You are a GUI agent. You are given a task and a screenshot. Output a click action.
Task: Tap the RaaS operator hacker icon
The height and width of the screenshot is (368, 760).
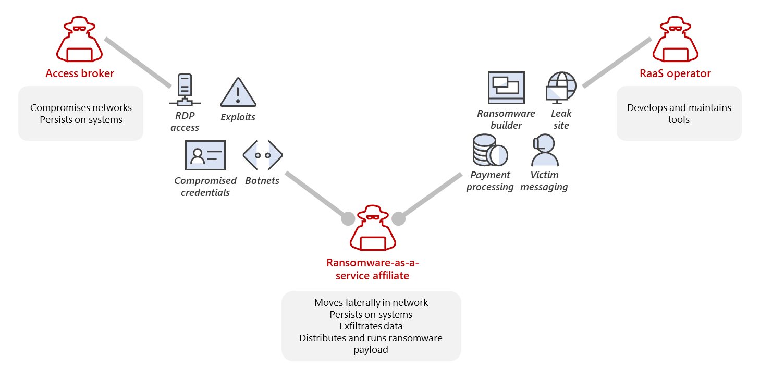tap(675, 40)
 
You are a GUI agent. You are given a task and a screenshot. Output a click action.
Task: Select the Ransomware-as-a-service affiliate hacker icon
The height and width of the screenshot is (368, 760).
tap(373, 229)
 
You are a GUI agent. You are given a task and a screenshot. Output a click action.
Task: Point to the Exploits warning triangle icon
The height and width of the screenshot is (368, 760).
tap(238, 93)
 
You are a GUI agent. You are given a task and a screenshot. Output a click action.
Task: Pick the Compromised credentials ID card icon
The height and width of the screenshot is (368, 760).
tap(205, 155)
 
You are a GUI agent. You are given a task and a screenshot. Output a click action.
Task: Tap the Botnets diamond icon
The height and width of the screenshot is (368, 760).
tap(263, 155)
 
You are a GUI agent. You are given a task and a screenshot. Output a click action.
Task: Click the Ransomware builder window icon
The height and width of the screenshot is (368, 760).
tap(506, 88)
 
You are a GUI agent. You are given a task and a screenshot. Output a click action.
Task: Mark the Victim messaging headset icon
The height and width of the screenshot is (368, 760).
tap(544, 151)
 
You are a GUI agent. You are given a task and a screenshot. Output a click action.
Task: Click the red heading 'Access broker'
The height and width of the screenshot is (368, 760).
tap(80, 73)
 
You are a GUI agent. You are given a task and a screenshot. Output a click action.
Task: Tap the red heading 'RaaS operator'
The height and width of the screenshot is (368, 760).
tap(675, 73)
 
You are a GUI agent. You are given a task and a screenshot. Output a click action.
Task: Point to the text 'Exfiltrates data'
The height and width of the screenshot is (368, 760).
tap(371, 326)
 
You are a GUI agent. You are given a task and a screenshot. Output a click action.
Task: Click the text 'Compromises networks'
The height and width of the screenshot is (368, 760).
tap(81, 108)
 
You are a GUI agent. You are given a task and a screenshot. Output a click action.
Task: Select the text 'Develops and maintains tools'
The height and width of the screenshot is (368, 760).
tap(679, 114)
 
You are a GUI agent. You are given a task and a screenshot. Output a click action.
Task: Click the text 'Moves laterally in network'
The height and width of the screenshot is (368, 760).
tap(371, 303)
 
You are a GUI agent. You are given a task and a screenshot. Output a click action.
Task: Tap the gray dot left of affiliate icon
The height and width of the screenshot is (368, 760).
tap(348, 218)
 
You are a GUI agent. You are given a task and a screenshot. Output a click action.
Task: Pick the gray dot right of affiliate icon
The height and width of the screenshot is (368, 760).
tap(398, 218)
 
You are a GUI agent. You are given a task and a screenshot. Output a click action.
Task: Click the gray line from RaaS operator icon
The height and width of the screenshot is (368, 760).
tap(617, 62)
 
